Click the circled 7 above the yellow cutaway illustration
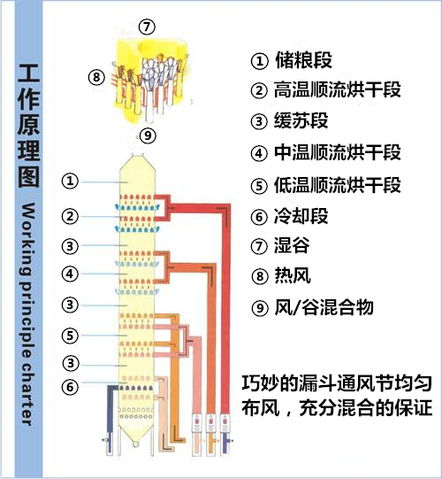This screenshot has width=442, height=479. click(x=147, y=27)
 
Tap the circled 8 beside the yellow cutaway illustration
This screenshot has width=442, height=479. click(x=96, y=77)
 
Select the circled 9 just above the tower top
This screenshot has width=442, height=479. click(x=148, y=135)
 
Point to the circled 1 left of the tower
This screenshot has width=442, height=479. click(x=70, y=181)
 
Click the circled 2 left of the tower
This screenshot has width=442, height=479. click(x=70, y=216)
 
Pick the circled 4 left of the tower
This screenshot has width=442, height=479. click(x=70, y=274)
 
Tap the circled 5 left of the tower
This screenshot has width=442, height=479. click(x=70, y=336)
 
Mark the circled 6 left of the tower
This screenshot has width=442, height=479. click(x=70, y=387)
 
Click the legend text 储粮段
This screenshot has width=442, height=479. click(x=303, y=60)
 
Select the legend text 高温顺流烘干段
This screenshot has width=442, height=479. click(x=338, y=89)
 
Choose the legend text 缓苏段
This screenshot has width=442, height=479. click(x=301, y=120)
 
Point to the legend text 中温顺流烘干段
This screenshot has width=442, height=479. click(x=338, y=152)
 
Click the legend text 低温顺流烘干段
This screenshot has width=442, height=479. click(x=338, y=185)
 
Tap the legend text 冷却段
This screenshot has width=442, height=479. click(x=301, y=216)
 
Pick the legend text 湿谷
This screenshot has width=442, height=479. click(x=292, y=245)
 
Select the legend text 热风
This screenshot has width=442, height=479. click(x=293, y=275)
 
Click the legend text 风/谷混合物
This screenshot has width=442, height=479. click(x=324, y=307)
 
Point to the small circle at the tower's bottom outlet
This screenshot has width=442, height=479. click(x=135, y=444)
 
